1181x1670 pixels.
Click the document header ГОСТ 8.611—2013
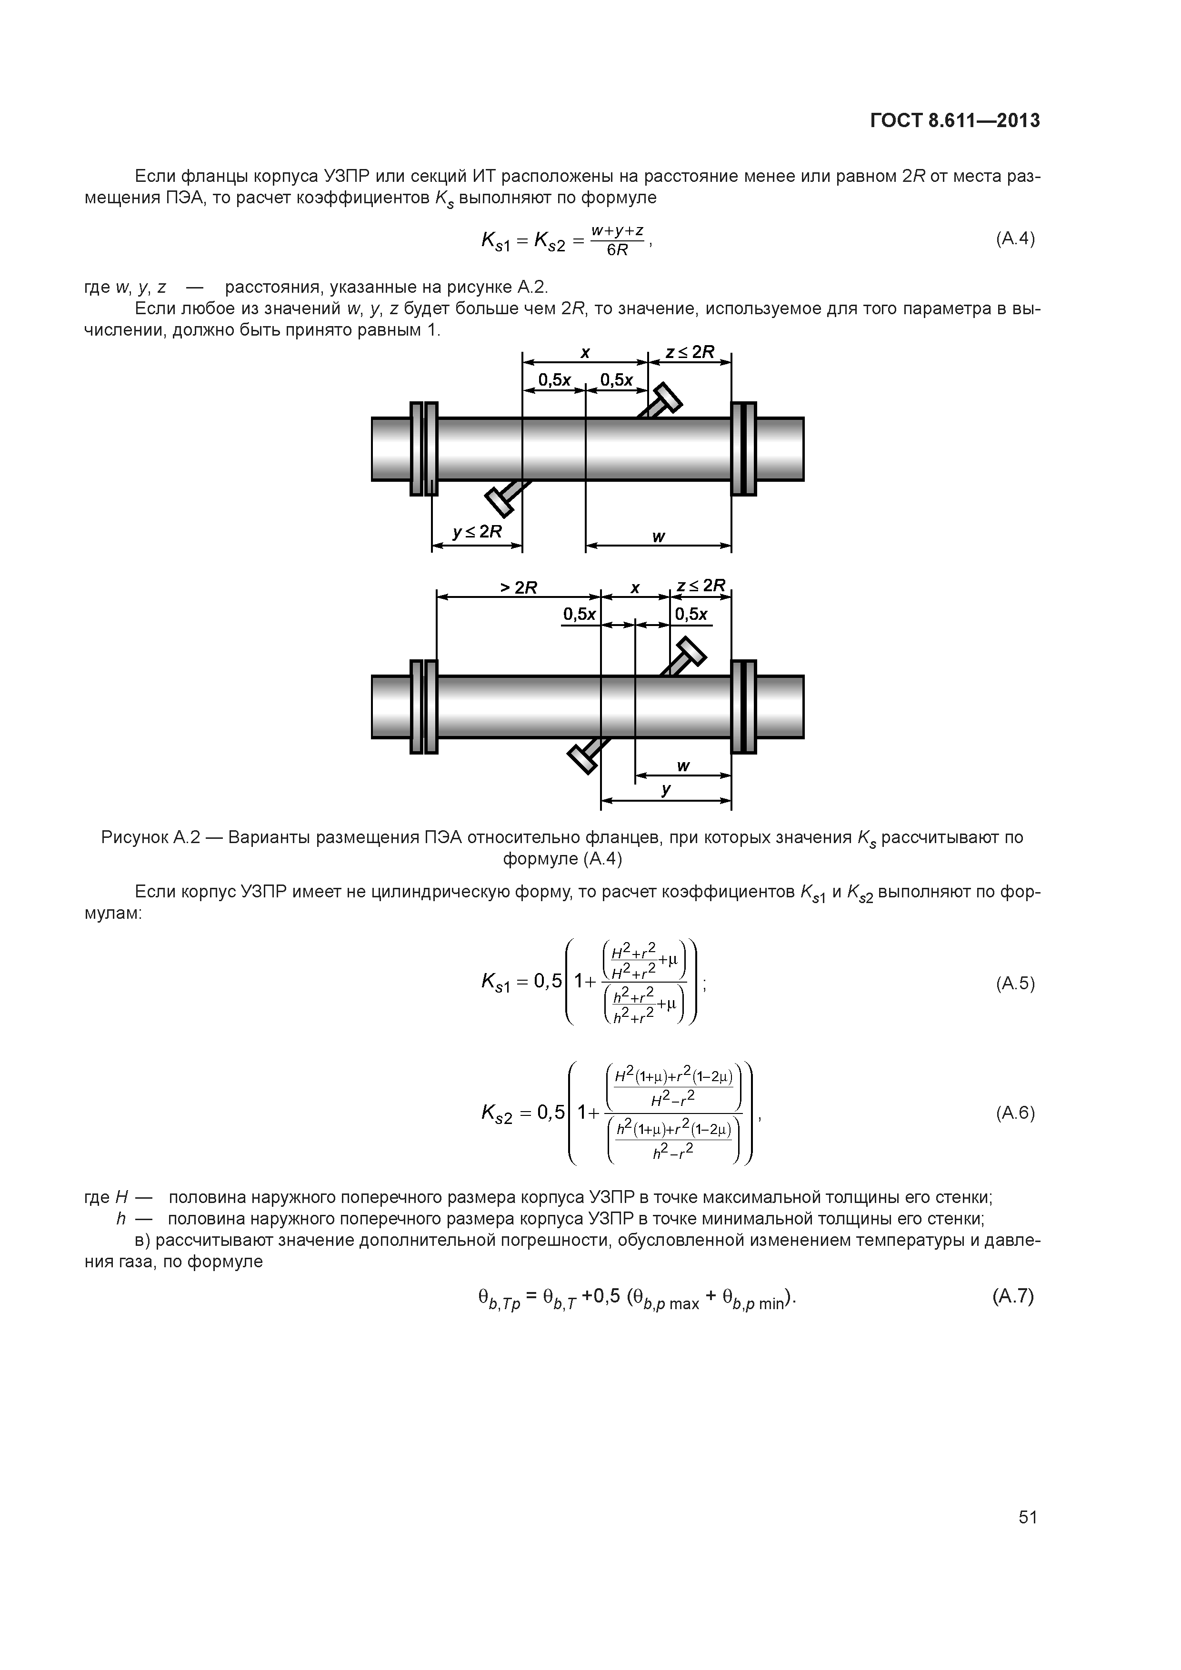click(955, 121)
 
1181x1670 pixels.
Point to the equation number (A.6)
click(1014, 1113)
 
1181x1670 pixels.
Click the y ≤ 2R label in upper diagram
click(477, 532)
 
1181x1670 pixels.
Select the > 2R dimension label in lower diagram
click(518, 587)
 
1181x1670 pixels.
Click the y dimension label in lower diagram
click(666, 789)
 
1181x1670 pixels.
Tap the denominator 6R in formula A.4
click(617, 250)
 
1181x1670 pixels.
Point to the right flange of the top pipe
click(744, 449)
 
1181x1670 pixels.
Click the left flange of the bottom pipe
click(423, 706)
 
